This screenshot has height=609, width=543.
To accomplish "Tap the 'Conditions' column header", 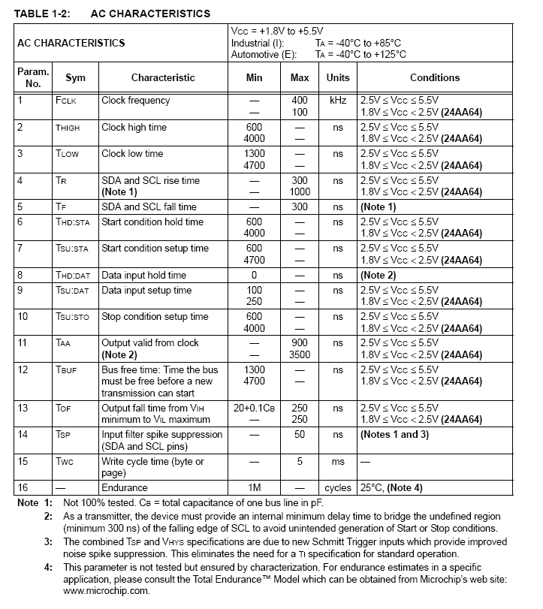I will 435,77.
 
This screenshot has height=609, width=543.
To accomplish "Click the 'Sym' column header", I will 76,77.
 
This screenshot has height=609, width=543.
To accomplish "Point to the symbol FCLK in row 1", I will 66,101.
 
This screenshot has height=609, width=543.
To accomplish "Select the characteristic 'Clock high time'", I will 134,128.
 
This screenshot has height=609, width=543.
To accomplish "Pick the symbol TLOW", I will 67,154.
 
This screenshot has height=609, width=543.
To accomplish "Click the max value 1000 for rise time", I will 299,191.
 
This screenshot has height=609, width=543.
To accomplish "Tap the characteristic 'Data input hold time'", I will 144,275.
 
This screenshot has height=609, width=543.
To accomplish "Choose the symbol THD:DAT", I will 73,276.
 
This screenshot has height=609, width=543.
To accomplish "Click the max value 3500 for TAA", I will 299,354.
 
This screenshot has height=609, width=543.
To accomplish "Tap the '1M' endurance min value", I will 254,488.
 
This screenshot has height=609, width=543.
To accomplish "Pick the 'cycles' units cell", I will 338,488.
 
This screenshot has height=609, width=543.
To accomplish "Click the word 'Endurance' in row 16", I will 125,488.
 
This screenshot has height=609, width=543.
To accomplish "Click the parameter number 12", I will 23,370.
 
